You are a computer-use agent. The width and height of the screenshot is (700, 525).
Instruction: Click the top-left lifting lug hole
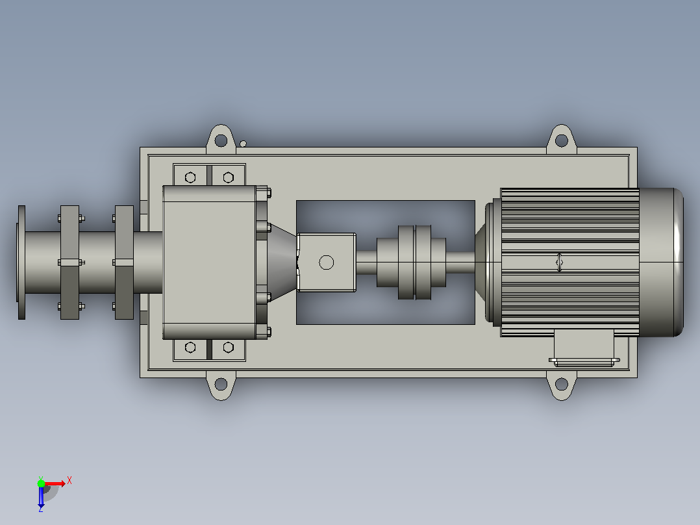click(221, 141)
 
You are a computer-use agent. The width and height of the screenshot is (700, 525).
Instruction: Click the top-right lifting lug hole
click(562, 141)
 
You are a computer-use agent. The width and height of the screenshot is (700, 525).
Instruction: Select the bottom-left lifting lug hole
click(221, 384)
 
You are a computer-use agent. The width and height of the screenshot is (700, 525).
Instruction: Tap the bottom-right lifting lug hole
click(562, 384)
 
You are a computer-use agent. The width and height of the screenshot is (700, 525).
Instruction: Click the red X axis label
click(69, 481)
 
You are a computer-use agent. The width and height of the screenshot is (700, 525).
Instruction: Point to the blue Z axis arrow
click(41, 497)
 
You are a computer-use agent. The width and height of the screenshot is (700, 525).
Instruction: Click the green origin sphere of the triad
click(41, 483)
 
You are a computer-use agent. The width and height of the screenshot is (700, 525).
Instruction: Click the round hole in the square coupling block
click(327, 262)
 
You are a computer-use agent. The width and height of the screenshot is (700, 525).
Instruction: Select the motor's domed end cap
click(661, 262)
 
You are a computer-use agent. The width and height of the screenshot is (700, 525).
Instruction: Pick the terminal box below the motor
click(584, 348)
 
